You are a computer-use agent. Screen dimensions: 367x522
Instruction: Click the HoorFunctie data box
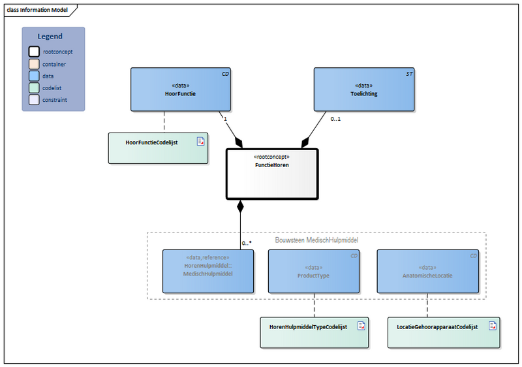coord(181,89)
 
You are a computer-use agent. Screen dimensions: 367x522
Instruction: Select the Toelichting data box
coord(364,89)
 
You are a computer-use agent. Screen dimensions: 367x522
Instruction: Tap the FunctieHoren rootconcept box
coord(271,173)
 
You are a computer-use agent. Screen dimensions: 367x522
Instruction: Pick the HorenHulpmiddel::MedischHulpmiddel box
coord(207,270)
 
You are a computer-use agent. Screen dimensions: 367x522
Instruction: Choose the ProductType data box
coord(314,270)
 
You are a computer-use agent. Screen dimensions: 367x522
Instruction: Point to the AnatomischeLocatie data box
coord(427,270)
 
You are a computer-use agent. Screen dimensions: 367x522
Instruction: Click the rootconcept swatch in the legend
coord(33,52)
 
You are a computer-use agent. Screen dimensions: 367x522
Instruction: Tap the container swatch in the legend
coord(33,64)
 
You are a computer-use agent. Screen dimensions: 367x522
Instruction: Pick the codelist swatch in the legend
coord(33,88)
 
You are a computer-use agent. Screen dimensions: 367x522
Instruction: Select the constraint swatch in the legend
coord(33,100)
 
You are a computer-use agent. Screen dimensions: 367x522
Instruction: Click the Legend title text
coord(50,37)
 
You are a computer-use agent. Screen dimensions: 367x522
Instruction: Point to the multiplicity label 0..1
coord(336,120)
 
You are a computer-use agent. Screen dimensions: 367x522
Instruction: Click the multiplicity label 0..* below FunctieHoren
coord(247,243)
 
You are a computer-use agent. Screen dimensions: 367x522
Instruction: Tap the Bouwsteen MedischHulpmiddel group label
coord(316,240)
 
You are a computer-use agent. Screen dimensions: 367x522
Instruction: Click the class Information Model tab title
coord(38,9)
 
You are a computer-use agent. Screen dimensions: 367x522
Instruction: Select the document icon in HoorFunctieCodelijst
coord(202,140)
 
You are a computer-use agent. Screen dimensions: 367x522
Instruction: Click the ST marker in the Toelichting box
coord(409,74)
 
